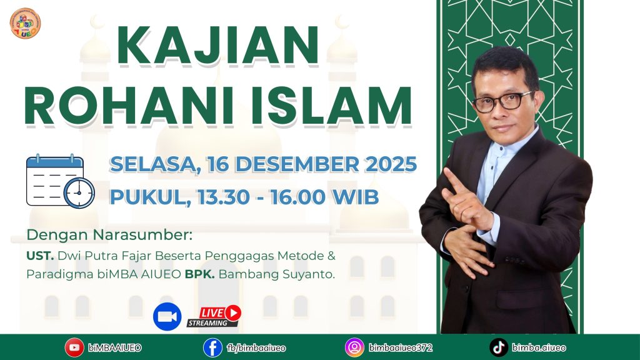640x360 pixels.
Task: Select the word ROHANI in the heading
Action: tap(125, 107)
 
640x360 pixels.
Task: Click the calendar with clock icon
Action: tap(59, 182)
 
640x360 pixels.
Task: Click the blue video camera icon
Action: tap(167, 316)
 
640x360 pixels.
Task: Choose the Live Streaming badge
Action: tap(214, 316)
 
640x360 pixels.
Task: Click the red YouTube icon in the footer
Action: tap(74, 347)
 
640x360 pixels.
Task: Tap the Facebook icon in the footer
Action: tap(212, 347)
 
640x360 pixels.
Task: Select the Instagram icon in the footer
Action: tap(354, 347)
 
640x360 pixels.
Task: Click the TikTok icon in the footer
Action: tap(498, 347)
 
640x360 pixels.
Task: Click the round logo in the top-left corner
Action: tap(25, 23)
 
